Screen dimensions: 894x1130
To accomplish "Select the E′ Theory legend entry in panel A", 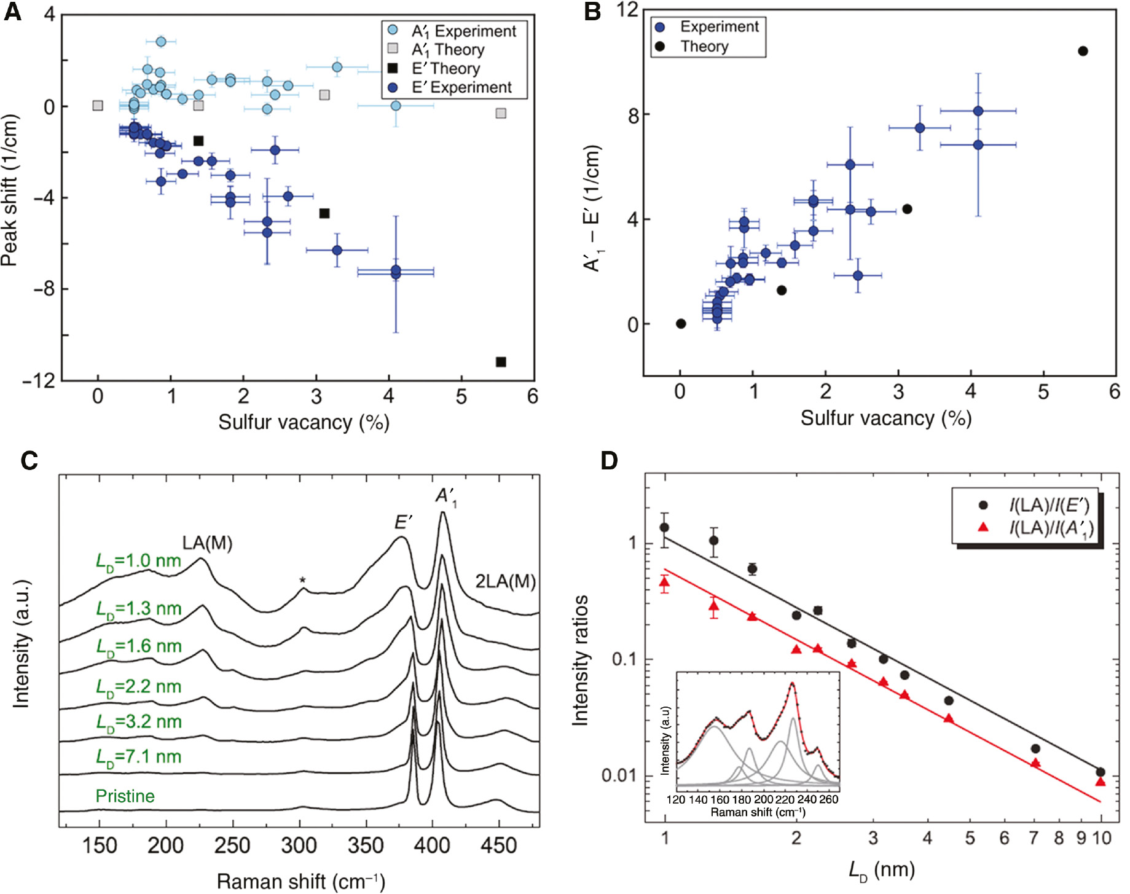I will point(445,68).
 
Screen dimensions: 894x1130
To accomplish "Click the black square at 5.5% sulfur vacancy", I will point(501,362).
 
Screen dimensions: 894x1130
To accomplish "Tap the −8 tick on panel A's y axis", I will point(44,289).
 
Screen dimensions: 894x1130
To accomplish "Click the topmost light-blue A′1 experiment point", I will point(161,41).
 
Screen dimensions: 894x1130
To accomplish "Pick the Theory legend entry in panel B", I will point(704,46).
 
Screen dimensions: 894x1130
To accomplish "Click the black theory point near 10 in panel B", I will point(1083,51).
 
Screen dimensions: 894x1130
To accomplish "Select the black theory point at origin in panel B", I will point(681,324).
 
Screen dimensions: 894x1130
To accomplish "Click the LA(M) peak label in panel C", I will point(207,543).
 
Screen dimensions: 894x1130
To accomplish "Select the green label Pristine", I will point(125,796).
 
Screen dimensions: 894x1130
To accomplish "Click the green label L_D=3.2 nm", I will point(138,722).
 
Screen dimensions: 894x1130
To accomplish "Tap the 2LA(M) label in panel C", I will point(505,581).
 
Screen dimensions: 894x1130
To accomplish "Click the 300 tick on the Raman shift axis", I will point(299,846).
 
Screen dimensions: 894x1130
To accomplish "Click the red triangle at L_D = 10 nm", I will point(1101,782).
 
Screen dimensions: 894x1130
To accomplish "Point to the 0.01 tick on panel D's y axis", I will point(618,775).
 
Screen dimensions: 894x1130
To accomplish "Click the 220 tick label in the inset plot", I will point(785,799).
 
